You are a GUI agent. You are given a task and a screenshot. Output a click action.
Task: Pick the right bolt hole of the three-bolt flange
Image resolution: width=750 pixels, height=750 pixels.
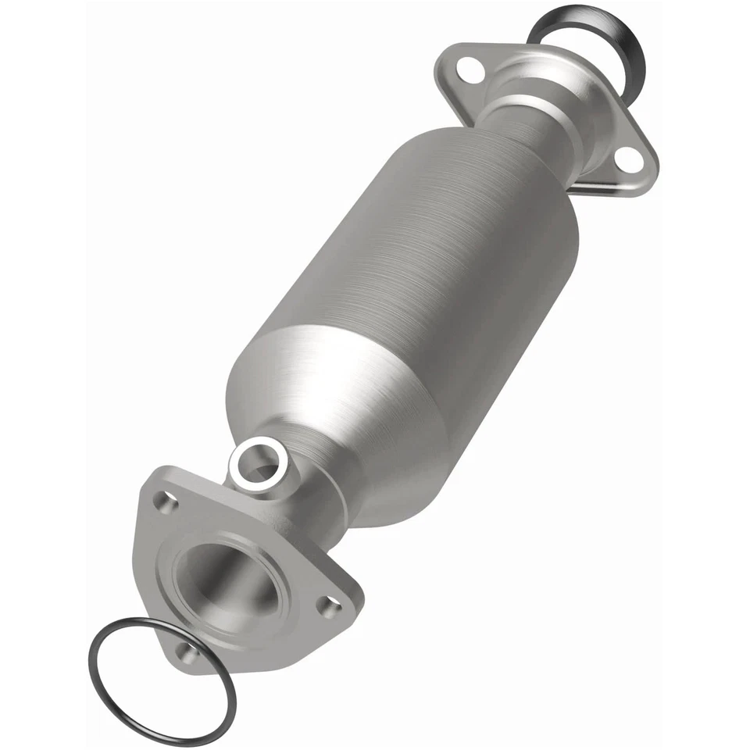pyautogui.click(x=333, y=602)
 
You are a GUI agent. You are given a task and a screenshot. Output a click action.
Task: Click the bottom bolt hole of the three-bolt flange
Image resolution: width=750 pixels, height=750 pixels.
pyautogui.click(x=185, y=651)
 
